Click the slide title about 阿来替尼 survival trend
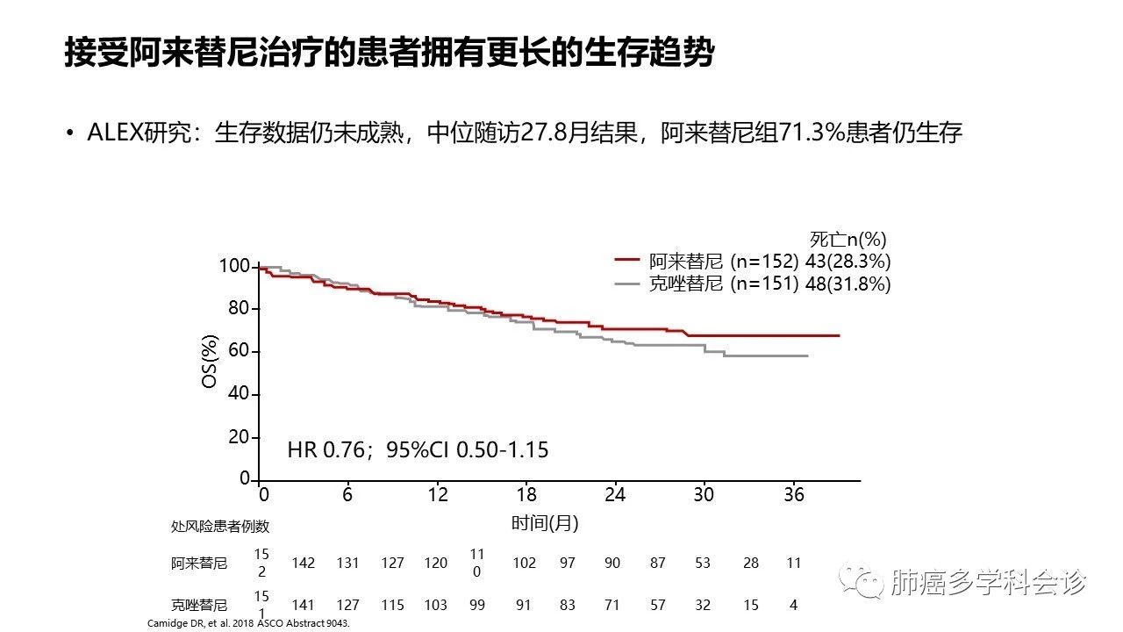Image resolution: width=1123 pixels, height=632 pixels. coord(389,52)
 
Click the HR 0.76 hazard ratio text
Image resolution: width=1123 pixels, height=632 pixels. coord(418,450)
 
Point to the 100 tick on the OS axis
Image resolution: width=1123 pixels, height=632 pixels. coord(235,266)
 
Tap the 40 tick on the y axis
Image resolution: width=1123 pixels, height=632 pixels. coord(239,394)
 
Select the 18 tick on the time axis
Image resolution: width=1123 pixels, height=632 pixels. coord(526,494)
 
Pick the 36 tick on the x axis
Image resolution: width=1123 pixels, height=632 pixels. coord(793,494)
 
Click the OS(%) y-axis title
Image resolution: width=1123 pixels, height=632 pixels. coord(210,361)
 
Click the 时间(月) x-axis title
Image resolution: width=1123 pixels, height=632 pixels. coord(545,523)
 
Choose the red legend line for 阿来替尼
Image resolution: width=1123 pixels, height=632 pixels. coord(627,261)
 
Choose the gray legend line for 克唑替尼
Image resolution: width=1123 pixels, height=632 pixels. coord(627,284)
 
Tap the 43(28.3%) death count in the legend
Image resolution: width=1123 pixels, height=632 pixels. coord(848,261)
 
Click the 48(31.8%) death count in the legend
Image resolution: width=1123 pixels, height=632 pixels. coord(848,284)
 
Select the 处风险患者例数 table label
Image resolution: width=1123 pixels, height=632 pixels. coord(220,527)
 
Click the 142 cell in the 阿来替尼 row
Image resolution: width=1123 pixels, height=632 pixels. coord(303,564)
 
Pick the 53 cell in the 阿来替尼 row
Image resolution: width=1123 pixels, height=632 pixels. coord(703,564)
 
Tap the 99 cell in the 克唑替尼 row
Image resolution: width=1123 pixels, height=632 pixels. coord(477,605)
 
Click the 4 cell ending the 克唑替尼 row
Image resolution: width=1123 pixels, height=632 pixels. coord(793,605)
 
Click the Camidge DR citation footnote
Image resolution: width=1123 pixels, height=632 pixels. coord(248,623)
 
